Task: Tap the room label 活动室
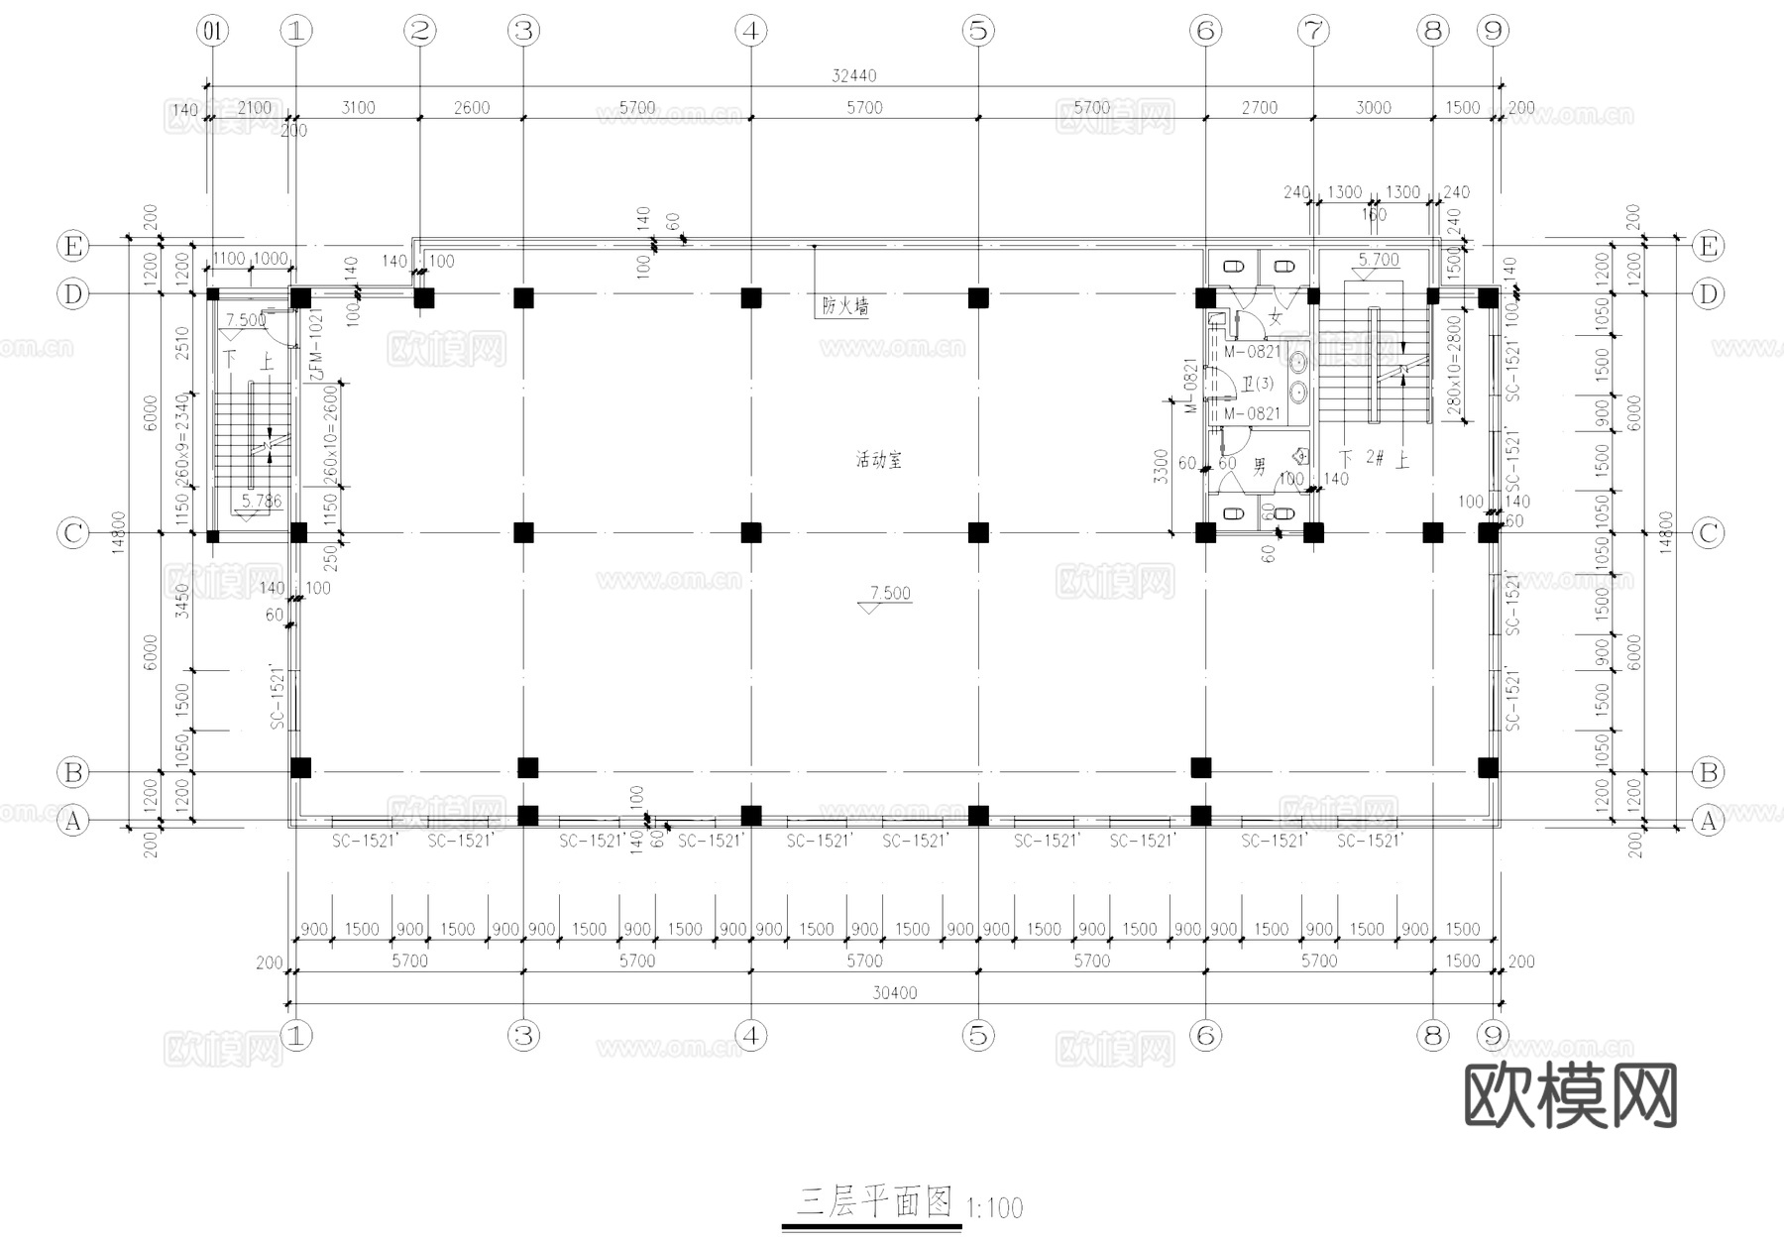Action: [879, 460]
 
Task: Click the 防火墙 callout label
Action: [844, 306]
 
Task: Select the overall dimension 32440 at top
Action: [853, 75]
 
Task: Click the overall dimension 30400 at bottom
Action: [894, 992]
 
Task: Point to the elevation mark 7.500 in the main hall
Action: [889, 593]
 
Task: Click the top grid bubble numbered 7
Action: [1313, 31]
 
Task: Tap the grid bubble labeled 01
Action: [212, 31]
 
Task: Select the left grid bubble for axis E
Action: [72, 246]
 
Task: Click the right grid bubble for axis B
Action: [1708, 771]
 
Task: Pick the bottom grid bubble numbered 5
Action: [978, 1036]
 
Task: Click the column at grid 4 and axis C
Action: [751, 532]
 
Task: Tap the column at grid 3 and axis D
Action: [523, 296]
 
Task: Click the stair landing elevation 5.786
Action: [261, 501]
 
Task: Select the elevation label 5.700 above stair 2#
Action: [1378, 260]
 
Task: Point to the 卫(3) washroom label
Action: [1258, 383]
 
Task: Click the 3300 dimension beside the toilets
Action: [1162, 466]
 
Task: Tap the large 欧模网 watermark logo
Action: [1570, 1096]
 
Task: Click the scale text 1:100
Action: [993, 1208]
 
